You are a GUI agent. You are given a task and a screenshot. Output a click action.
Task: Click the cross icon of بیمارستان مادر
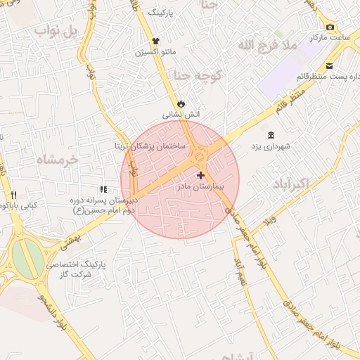click(201, 175)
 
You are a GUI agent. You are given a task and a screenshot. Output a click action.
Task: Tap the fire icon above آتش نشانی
click(182, 102)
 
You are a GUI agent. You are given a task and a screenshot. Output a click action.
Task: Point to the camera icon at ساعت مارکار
click(330, 27)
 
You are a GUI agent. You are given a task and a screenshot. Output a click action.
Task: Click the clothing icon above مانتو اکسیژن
click(155, 41)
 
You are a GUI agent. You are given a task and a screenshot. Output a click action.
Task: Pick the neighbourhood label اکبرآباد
click(289, 184)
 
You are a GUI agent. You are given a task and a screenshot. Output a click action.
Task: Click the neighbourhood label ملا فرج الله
click(268, 46)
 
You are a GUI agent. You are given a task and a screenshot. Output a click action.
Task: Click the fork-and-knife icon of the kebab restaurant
click(13, 195)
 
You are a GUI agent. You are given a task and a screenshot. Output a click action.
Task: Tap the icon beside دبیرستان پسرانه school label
click(103, 189)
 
